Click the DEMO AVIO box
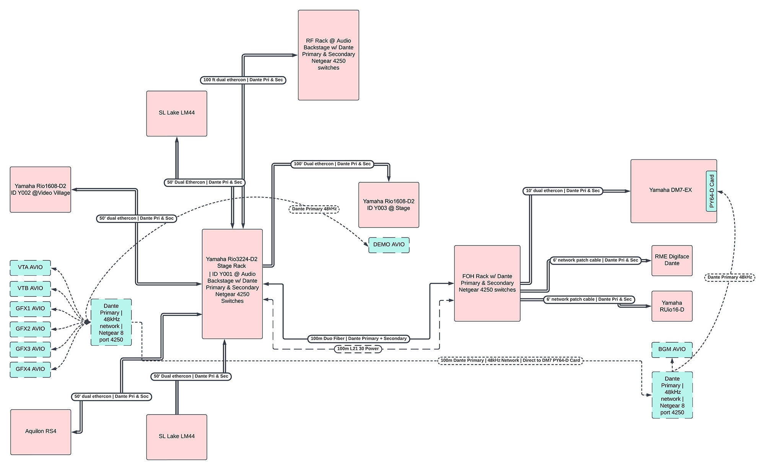coord(389,245)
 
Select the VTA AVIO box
coord(30,267)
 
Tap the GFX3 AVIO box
coord(30,349)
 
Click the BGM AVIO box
coord(672,350)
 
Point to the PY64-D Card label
coord(711,191)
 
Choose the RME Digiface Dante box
coord(672,260)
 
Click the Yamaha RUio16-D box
coord(672,306)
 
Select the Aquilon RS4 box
coord(41,432)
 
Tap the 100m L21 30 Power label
coord(358,349)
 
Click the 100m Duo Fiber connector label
coord(358,338)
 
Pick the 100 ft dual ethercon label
coord(243,80)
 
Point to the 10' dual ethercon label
coord(563,191)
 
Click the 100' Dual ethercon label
coord(332,164)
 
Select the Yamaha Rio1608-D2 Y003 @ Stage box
coord(389,205)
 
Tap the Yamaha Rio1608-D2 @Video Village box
coord(41,190)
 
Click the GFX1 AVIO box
coord(30,309)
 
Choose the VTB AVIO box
coord(30,288)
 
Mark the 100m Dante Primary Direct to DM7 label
coord(510,360)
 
